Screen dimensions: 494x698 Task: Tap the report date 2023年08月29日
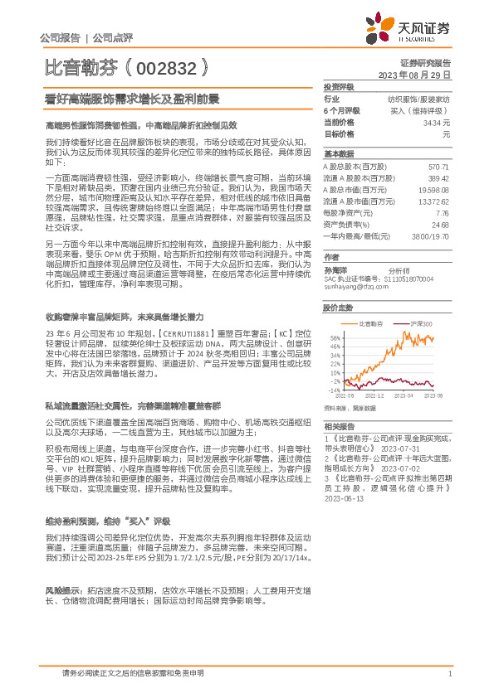point(413,75)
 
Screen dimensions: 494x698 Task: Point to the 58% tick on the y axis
point(335,337)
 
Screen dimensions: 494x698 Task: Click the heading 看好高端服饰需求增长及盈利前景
point(132,99)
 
